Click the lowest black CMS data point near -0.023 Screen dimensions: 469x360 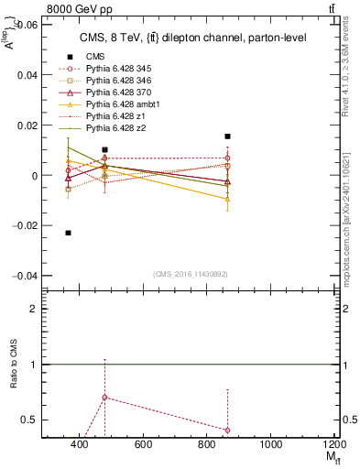point(69,233)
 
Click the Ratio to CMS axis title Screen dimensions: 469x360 point(12,365)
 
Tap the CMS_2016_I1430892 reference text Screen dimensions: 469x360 point(191,274)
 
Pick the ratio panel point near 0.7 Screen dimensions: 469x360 point(105,398)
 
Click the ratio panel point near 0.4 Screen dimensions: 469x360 point(227,430)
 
